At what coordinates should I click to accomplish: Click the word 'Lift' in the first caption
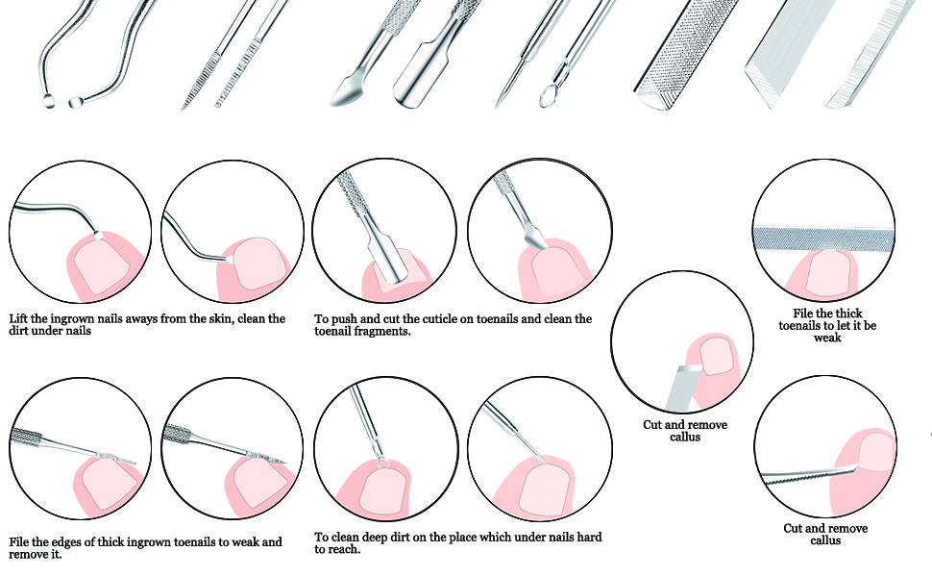tap(19, 318)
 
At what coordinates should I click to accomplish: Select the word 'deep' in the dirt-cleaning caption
tap(384, 537)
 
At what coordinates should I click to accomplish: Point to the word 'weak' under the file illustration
tap(827, 339)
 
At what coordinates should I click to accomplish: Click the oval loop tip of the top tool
tap(548, 96)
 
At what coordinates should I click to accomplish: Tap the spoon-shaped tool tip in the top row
tap(343, 95)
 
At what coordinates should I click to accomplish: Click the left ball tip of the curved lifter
tap(48, 100)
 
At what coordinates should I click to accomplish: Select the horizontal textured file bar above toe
tap(824, 236)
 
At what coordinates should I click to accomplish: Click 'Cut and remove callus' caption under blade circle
tap(685, 431)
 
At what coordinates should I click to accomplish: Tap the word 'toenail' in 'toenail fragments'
tap(338, 331)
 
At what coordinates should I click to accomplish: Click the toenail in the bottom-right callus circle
tap(872, 452)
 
